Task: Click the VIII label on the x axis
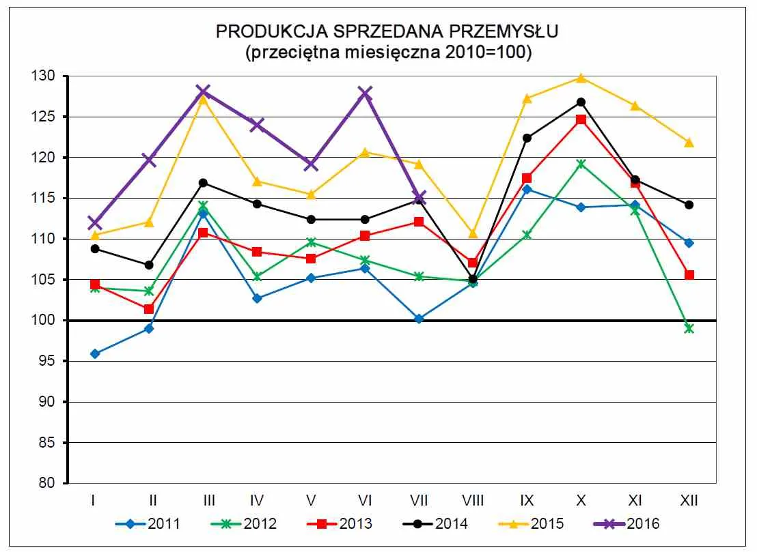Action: [472, 501]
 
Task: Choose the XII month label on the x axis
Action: [689, 501]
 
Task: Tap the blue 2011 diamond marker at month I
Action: [95, 353]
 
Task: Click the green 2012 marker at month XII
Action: [689, 328]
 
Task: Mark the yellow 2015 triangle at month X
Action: [581, 78]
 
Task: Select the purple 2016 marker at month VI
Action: [365, 93]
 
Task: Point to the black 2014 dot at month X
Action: [581, 102]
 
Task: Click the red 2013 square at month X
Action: [581, 120]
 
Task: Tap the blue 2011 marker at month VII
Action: [419, 319]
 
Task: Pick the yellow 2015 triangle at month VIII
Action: [472, 233]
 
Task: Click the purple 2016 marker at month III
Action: [203, 91]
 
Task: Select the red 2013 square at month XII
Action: [689, 275]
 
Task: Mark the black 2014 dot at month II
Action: [149, 265]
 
